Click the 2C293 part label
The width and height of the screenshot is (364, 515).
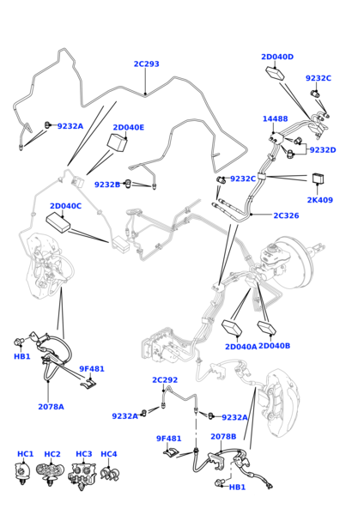[x=146, y=64]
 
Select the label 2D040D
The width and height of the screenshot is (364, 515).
[x=277, y=57]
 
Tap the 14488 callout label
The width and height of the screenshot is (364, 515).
[x=275, y=118]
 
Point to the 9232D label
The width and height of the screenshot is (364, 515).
[x=323, y=149]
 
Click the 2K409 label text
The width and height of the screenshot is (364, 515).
[x=320, y=200]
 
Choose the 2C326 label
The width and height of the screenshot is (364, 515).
[x=286, y=215]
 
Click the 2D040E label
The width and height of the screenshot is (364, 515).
[x=129, y=127]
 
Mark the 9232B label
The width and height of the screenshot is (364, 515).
[x=107, y=185]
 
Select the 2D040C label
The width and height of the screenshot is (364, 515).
[x=66, y=206]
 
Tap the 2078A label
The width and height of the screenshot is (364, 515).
[x=51, y=407]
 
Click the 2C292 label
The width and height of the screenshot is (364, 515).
[x=165, y=379]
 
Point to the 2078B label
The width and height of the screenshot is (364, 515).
[x=223, y=437]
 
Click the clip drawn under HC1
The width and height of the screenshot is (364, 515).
[x=22, y=473]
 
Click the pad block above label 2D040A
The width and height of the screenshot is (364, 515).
[x=234, y=328]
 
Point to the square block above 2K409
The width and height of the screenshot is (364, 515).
[x=318, y=179]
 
